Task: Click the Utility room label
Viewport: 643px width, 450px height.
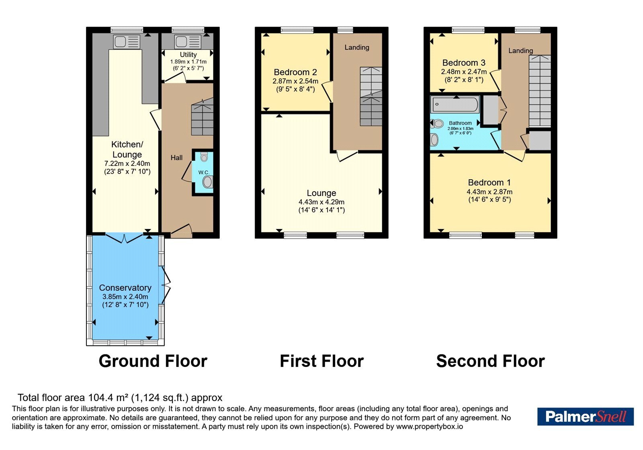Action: click(x=188, y=55)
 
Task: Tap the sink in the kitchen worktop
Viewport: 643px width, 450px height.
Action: click(x=127, y=42)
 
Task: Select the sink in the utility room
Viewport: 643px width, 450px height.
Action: click(x=187, y=42)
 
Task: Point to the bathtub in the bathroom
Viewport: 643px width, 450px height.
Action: click(x=455, y=104)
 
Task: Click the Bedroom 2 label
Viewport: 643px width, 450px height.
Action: click(x=295, y=72)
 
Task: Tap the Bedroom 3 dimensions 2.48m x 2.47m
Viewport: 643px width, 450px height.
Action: click(x=464, y=72)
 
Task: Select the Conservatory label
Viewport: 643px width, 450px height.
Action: click(x=125, y=288)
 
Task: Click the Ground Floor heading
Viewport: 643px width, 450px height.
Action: click(x=153, y=361)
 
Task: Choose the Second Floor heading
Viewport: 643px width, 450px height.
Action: click(x=491, y=361)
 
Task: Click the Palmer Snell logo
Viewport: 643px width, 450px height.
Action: click(x=586, y=416)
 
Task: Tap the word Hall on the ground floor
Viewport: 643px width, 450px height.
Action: click(x=176, y=157)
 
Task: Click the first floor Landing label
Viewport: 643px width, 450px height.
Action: click(x=357, y=47)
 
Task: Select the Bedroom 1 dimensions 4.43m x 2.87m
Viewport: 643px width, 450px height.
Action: click(x=489, y=192)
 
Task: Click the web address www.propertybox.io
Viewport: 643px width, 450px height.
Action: click(x=430, y=426)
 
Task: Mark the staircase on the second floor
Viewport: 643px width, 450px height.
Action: click(x=540, y=91)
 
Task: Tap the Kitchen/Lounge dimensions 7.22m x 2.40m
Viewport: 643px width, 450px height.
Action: click(x=127, y=164)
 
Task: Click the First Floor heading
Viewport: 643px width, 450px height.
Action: click(x=322, y=361)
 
